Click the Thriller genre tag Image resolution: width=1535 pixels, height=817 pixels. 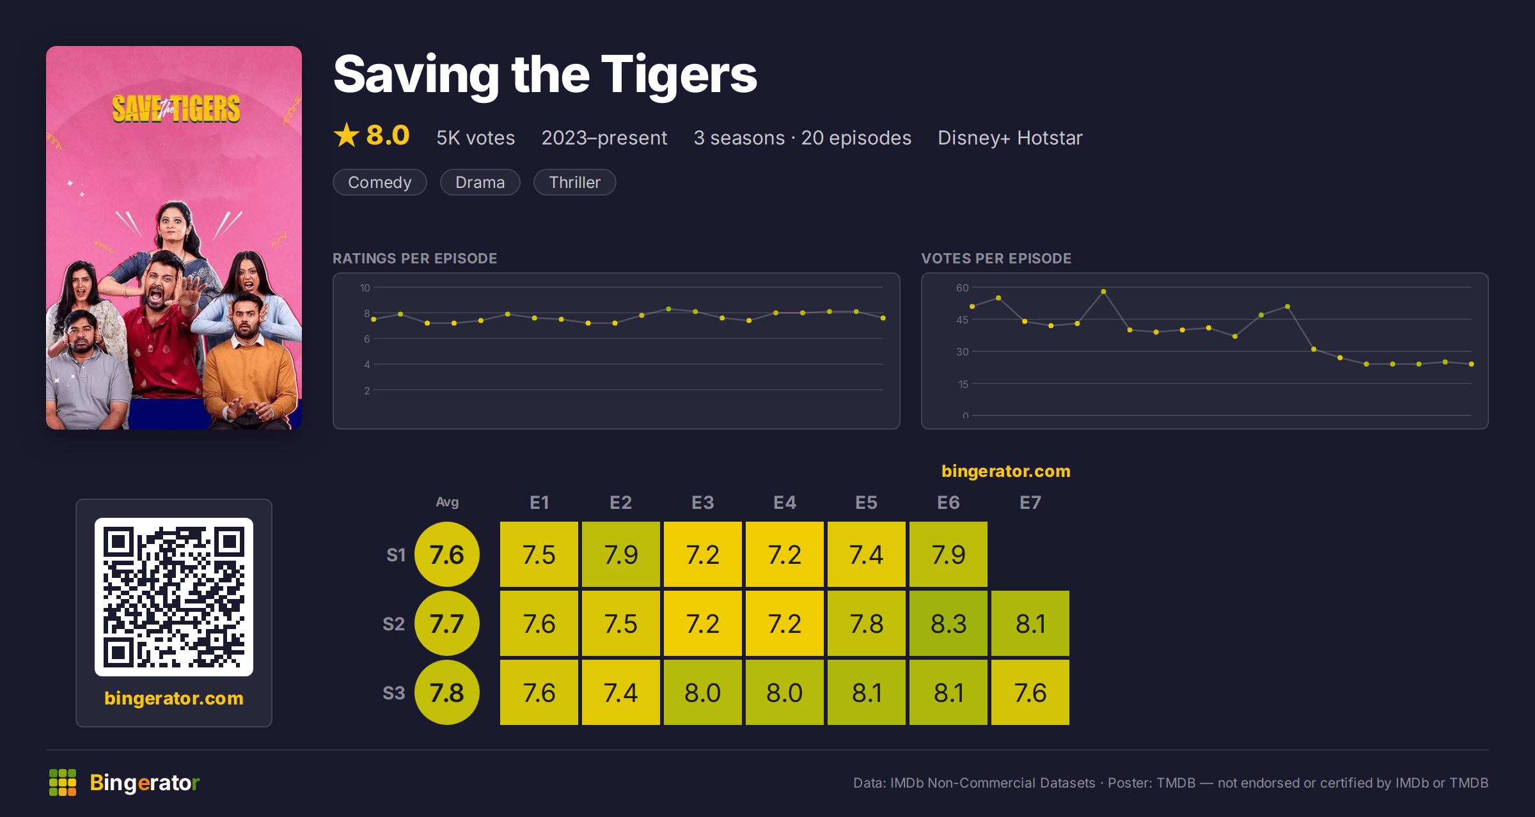point(574,182)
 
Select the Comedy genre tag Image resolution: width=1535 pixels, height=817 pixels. point(379,182)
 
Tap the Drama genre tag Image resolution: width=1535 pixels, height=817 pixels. point(480,182)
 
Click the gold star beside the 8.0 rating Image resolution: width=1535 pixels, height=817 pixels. point(347,135)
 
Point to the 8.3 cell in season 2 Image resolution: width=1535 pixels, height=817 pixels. point(949,623)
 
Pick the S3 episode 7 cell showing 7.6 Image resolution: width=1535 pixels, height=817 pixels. point(1030,692)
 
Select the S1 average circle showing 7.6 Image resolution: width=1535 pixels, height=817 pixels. point(447,554)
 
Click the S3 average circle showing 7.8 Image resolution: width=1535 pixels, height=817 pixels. point(447,692)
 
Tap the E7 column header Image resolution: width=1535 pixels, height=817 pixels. point(1030,502)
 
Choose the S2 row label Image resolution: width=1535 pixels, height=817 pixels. point(394,624)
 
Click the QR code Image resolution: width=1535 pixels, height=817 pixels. point(174,597)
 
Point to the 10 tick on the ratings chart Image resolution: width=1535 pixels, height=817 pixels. point(365,288)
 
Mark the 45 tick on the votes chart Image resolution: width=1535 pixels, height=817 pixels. point(963,320)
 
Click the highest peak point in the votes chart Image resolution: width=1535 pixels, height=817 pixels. point(1103,292)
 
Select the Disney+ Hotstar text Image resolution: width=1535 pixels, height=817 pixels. point(1010,138)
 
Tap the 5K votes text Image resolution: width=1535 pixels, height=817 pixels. point(475,138)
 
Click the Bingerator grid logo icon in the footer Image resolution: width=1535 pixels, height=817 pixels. point(63,782)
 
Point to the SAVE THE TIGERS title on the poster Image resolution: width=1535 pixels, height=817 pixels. point(176,109)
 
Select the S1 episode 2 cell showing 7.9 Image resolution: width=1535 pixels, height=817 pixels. point(621,554)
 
